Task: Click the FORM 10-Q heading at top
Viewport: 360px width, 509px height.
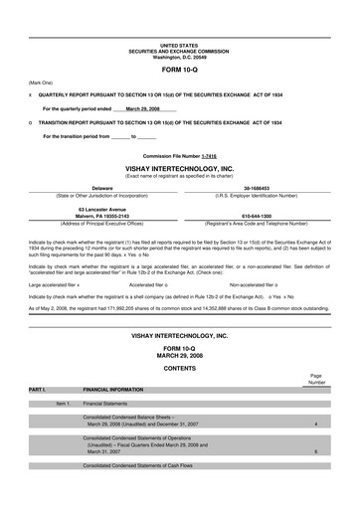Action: (x=179, y=71)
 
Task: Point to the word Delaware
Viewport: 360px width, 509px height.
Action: (x=101, y=187)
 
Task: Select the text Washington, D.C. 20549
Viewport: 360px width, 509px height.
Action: (x=179, y=57)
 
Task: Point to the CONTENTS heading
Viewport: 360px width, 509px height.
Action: (x=179, y=368)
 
